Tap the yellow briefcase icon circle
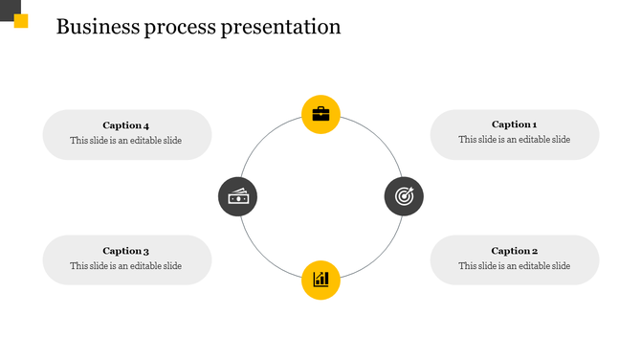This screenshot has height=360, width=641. coord(320,115)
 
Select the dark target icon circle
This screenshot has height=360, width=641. coord(404,196)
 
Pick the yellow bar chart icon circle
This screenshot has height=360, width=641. coord(320,280)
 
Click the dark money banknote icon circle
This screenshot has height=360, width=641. coord(237,196)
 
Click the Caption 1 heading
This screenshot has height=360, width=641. coord(514,124)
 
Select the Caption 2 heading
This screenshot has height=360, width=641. coord(514,251)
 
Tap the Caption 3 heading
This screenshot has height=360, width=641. coord(125,251)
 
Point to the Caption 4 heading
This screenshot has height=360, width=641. coord(125,125)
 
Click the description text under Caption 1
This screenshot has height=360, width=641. coord(514,140)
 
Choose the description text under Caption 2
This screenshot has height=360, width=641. coord(514,266)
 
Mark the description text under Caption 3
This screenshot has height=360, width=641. coord(125,266)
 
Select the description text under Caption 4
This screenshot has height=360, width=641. coord(125,141)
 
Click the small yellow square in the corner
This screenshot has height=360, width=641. coord(21,21)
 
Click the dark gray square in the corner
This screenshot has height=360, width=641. coord(7,7)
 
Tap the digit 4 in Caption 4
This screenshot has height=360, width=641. coord(145,125)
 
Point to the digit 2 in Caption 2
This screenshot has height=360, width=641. coord(534,251)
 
